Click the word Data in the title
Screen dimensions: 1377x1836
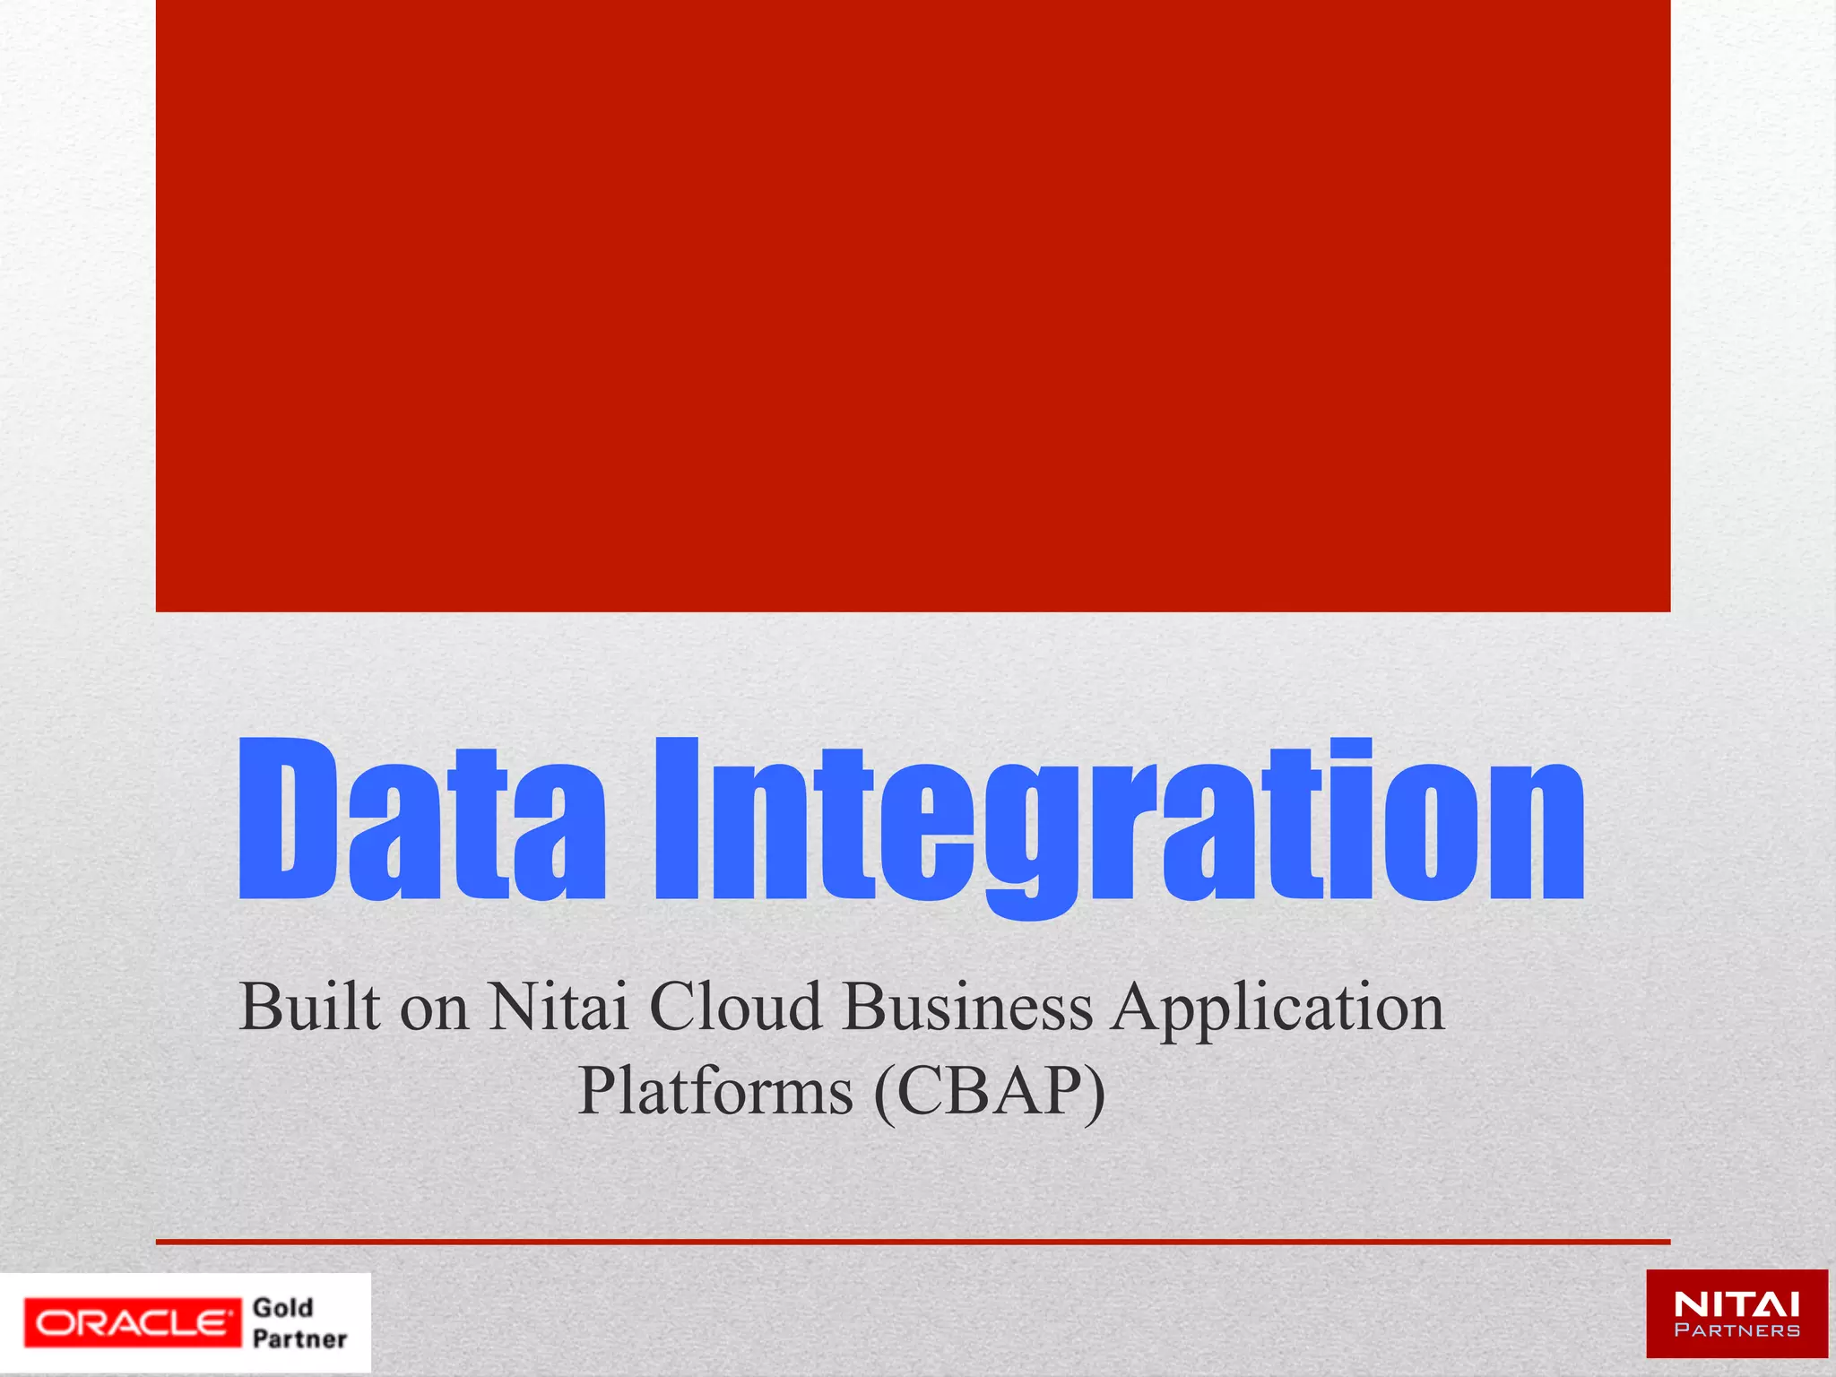click(421, 820)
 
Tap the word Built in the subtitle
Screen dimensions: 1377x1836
click(309, 1007)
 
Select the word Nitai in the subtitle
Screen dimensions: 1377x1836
click(557, 1007)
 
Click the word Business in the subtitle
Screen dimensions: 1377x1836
click(967, 1007)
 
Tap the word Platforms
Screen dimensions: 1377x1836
click(715, 1092)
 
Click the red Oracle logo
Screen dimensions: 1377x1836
click(133, 1322)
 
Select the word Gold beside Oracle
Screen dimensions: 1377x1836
click(282, 1308)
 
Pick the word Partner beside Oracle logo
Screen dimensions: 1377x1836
click(299, 1339)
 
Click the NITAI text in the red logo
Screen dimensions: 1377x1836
click(1736, 1304)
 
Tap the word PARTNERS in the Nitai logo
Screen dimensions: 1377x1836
click(1736, 1330)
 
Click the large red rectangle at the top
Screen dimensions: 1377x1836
click(913, 305)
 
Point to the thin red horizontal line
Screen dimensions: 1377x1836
click(913, 1242)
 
